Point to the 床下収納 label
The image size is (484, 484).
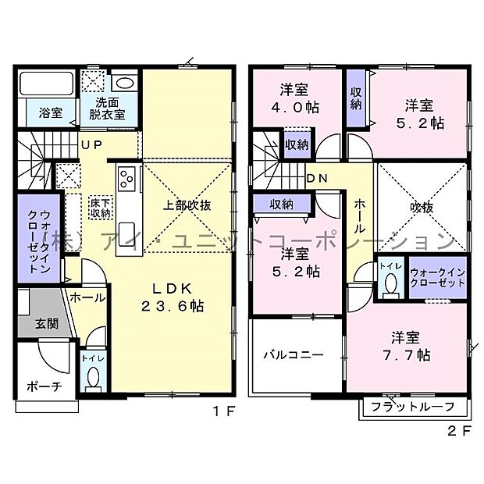pos(99,207)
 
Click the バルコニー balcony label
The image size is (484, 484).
pos(292,354)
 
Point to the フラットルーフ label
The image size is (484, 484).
pos(414,406)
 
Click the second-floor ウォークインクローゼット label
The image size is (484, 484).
pos(437,278)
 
